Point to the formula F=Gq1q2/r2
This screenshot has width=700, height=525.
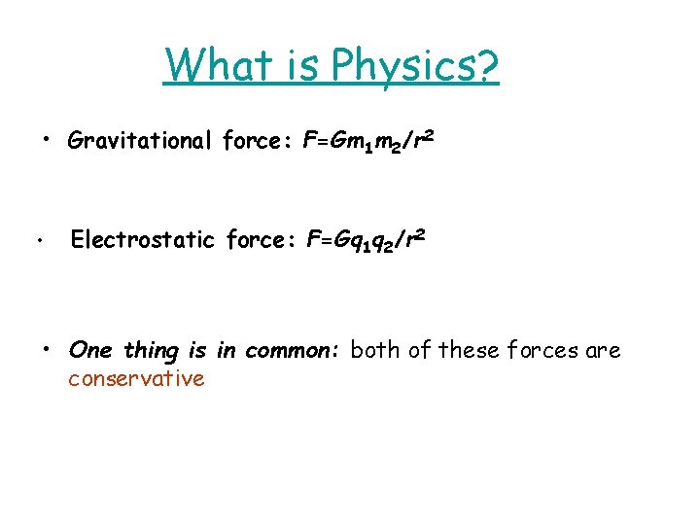(x=365, y=241)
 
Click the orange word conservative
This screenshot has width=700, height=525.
(x=136, y=379)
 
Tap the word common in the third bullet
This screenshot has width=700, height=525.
(x=290, y=350)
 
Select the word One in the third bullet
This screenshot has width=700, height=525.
(x=90, y=350)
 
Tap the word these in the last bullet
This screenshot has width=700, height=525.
(x=466, y=350)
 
